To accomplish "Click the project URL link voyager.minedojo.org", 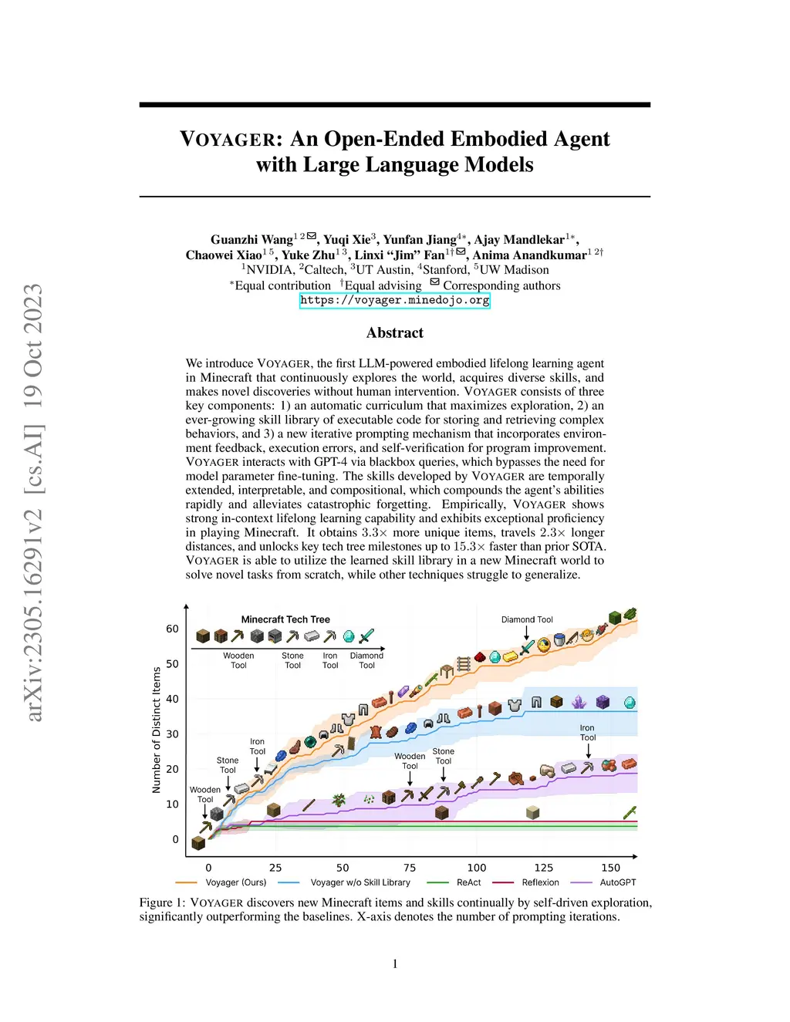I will point(394,301).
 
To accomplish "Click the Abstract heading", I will point(394,333).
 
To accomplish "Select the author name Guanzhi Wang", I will point(252,240).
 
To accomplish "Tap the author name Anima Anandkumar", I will point(529,255).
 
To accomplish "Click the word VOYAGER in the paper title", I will point(228,140).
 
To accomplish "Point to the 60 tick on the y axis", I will point(172,629).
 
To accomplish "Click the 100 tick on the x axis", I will point(477,868).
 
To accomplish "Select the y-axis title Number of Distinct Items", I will point(157,730).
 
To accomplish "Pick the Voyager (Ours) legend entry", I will point(235,882).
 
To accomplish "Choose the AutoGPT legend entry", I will point(617,882).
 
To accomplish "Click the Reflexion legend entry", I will point(540,882).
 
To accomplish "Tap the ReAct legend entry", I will point(468,882).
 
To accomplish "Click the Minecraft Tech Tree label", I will point(285,619).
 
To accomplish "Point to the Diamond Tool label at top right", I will point(527,619).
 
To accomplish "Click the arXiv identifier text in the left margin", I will point(33,501).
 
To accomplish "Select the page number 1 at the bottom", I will point(395,963).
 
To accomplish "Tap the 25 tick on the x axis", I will point(275,868).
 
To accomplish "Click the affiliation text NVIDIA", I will point(269,270).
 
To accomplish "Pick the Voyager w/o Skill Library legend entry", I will point(360,882).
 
